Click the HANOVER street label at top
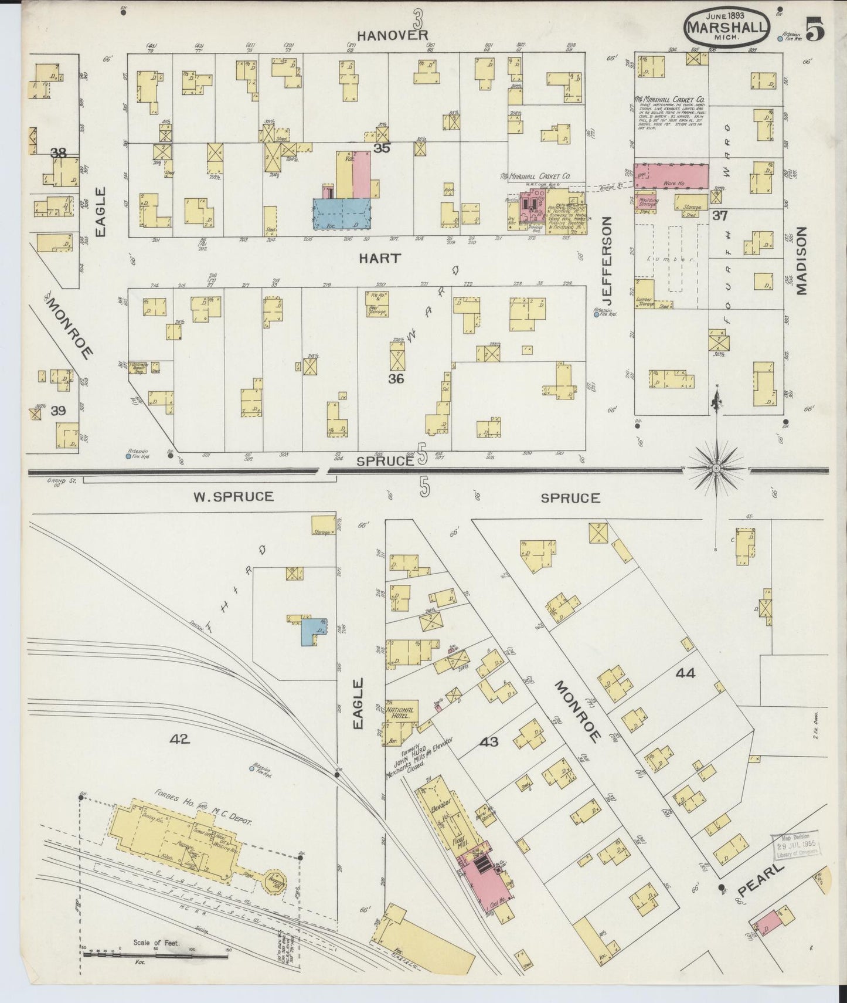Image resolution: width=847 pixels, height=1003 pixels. coord(393,35)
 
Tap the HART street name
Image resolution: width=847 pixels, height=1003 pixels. coord(380,258)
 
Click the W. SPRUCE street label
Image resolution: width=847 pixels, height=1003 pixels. coord(233,497)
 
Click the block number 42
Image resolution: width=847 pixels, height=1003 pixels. coord(180,740)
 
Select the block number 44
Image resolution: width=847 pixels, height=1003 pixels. coord(685,673)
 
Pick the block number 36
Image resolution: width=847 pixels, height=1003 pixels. coord(396,379)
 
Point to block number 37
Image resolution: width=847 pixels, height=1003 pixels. coord(720,216)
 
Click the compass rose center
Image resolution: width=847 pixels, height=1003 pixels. coord(716,469)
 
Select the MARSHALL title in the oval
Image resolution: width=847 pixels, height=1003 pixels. coord(726,27)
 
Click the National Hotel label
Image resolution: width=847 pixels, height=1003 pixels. coord(402,713)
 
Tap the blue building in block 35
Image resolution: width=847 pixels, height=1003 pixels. coord(342,212)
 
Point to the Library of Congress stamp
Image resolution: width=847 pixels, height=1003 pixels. coord(797,847)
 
